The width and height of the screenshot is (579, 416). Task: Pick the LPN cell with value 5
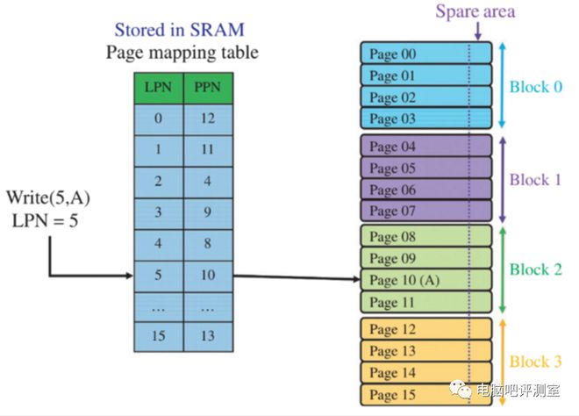point(157,275)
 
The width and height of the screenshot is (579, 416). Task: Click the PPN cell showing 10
point(208,275)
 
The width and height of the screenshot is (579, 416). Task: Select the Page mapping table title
point(182,52)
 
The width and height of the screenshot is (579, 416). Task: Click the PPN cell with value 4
point(208,182)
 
